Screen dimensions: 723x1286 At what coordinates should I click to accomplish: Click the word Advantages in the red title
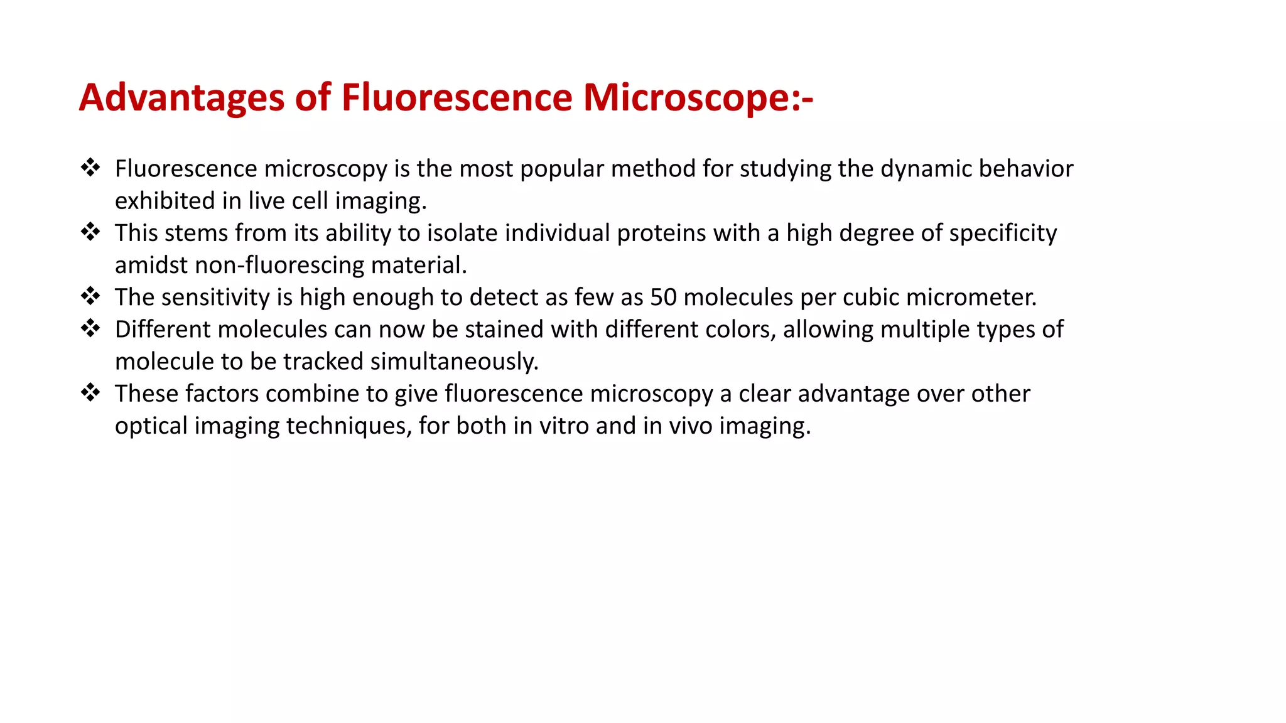point(181,98)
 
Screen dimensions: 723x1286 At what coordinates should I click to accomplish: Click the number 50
point(663,297)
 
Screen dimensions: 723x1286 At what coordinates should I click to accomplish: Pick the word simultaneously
point(454,362)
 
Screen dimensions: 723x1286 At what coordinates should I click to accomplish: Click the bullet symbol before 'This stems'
point(90,232)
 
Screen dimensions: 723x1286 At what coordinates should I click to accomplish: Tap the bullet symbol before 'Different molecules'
point(90,328)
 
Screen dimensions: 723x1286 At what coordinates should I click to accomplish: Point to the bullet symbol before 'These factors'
point(90,393)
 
